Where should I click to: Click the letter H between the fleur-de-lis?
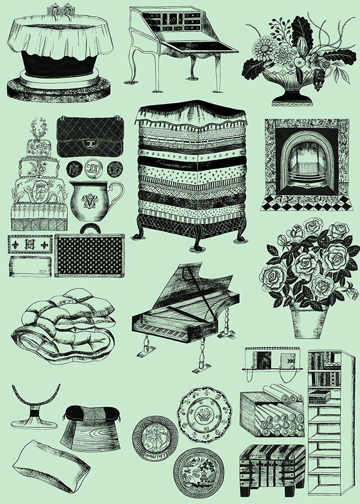pos(30,244)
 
